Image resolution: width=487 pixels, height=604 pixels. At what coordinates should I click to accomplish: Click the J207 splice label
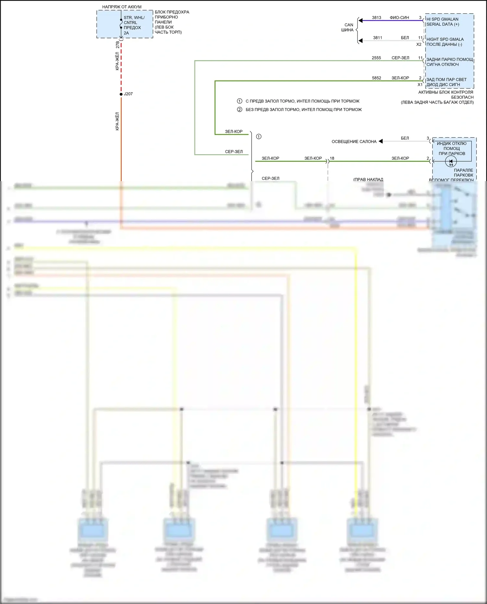128,94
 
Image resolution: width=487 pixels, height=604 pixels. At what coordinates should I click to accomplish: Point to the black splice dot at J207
121,94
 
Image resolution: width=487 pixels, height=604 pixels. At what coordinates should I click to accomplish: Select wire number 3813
376,18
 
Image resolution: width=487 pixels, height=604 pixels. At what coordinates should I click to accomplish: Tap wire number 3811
377,38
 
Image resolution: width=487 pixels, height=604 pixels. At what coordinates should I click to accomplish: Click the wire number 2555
376,58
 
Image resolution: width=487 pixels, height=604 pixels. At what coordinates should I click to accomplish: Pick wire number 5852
376,78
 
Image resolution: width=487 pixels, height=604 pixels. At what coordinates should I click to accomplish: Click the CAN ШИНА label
348,27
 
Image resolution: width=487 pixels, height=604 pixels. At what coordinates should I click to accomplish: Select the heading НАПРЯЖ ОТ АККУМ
122,7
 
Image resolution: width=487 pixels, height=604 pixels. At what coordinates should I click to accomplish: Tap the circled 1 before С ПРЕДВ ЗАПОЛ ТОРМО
240,101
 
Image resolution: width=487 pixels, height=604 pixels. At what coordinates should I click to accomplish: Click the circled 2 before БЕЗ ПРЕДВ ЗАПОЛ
240,109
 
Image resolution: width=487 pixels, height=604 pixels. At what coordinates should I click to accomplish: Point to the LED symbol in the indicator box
451,161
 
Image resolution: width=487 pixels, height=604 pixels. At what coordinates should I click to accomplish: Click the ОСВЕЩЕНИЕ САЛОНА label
354,142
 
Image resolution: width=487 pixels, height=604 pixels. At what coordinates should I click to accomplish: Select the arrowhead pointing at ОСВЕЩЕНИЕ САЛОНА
381,141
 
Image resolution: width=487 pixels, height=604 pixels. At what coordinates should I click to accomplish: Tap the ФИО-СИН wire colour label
399,18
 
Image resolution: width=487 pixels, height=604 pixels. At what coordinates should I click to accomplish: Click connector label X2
419,44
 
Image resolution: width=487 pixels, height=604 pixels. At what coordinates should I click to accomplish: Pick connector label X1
420,85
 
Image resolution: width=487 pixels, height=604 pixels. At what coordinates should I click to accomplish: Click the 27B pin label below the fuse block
118,45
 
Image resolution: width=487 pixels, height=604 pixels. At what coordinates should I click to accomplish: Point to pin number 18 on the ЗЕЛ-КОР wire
332,158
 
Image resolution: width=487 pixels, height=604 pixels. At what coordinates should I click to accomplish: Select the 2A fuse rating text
126,33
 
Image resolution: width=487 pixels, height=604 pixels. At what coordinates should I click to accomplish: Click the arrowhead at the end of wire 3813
360,20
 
